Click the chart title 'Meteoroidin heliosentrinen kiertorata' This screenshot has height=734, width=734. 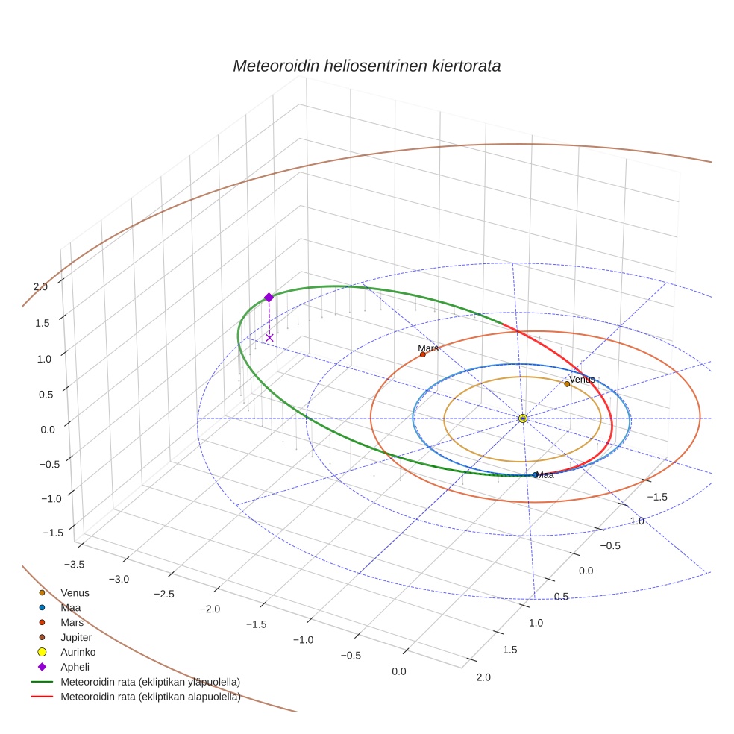click(x=366, y=66)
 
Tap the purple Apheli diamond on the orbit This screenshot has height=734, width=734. click(x=269, y=297)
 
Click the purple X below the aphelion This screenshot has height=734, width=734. click(x=269, y=338)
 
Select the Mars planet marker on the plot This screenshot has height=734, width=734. click(x=422, y=354)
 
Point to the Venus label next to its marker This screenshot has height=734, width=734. click(x=583, y=380)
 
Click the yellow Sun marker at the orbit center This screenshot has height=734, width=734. click(x=523, y=418)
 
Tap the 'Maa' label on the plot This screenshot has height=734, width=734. click(x=545, y=475)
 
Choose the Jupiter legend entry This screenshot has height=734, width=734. click(x=76, y=637)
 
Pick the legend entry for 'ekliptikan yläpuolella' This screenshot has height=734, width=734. click(x=150, y=682)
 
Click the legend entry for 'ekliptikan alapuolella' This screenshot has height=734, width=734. click(x=150, y=697)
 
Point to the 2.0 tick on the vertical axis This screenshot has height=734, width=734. click(x=40, y=286)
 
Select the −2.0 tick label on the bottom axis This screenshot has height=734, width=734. click(x=210, y=609)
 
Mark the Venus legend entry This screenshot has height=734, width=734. click(x=75, y=592)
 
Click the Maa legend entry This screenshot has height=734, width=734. click(x=71, y=607)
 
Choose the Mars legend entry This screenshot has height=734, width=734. click(x=72, y=622)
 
